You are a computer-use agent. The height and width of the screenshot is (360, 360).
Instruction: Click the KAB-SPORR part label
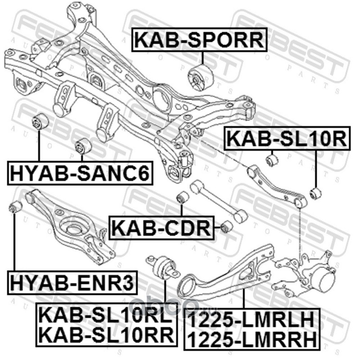(198, 40)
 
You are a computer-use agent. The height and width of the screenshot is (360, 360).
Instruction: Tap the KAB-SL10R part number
(286, 139)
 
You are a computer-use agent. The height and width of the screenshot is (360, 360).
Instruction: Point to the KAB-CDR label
(161, 227)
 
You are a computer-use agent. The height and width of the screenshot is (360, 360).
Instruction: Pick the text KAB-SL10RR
(104, 334)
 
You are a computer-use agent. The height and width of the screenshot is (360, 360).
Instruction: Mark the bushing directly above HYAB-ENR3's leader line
(16, 207)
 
